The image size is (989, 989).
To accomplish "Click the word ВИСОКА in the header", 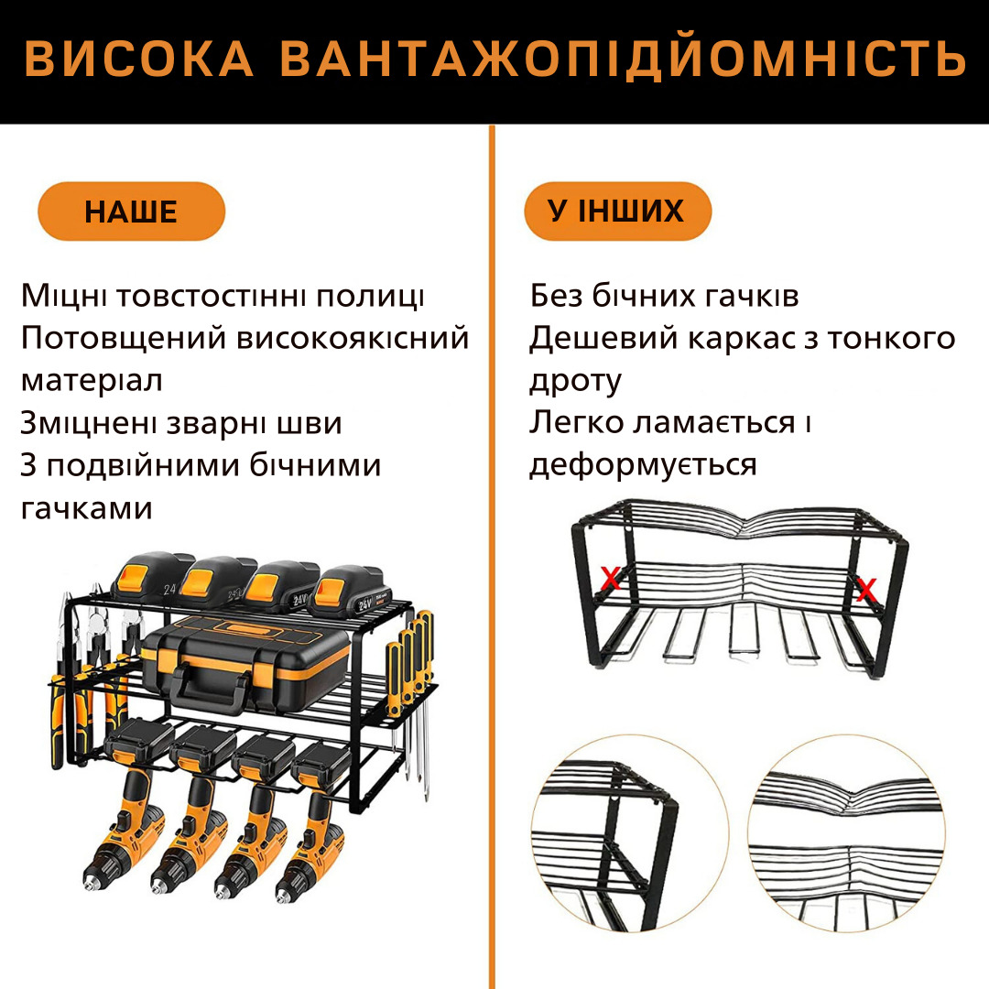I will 139,60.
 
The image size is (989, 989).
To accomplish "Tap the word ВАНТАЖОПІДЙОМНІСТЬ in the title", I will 623,60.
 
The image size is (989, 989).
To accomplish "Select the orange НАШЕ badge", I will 131,212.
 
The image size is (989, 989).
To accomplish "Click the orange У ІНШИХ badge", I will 617,212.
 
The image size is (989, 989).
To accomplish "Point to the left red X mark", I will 610,577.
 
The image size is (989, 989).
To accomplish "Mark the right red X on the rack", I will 866,591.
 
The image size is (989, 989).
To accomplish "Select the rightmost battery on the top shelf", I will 351,591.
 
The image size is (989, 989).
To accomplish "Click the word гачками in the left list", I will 86,507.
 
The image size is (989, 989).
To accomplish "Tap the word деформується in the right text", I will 643,465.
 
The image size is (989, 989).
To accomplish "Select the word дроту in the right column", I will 575,381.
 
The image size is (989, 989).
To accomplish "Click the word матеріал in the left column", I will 92,381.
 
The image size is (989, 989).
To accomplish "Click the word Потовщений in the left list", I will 125,339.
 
